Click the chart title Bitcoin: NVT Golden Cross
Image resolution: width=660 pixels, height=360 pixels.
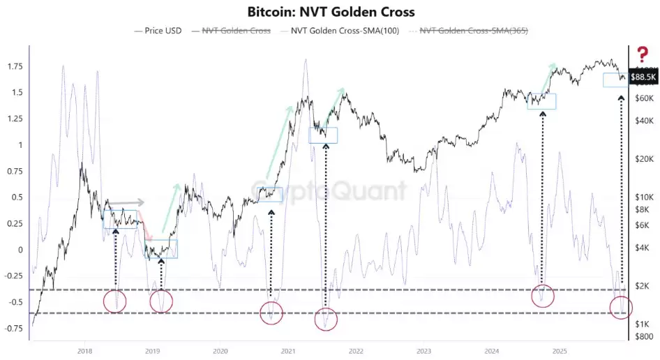[x=331, y=12]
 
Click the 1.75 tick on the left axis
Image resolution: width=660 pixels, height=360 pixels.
[x=13, y=66]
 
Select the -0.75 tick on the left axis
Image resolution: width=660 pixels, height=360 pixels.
[x=12, y=329]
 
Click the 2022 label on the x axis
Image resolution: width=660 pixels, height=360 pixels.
[x=355, y=351]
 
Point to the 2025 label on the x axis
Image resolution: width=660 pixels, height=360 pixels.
[x=558, y=351]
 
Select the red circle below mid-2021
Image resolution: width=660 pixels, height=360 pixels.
[x=325, y=319]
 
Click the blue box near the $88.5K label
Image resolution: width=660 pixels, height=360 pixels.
[x=615, y=80]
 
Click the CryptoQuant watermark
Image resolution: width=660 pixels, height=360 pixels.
[x=329, y=190]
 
